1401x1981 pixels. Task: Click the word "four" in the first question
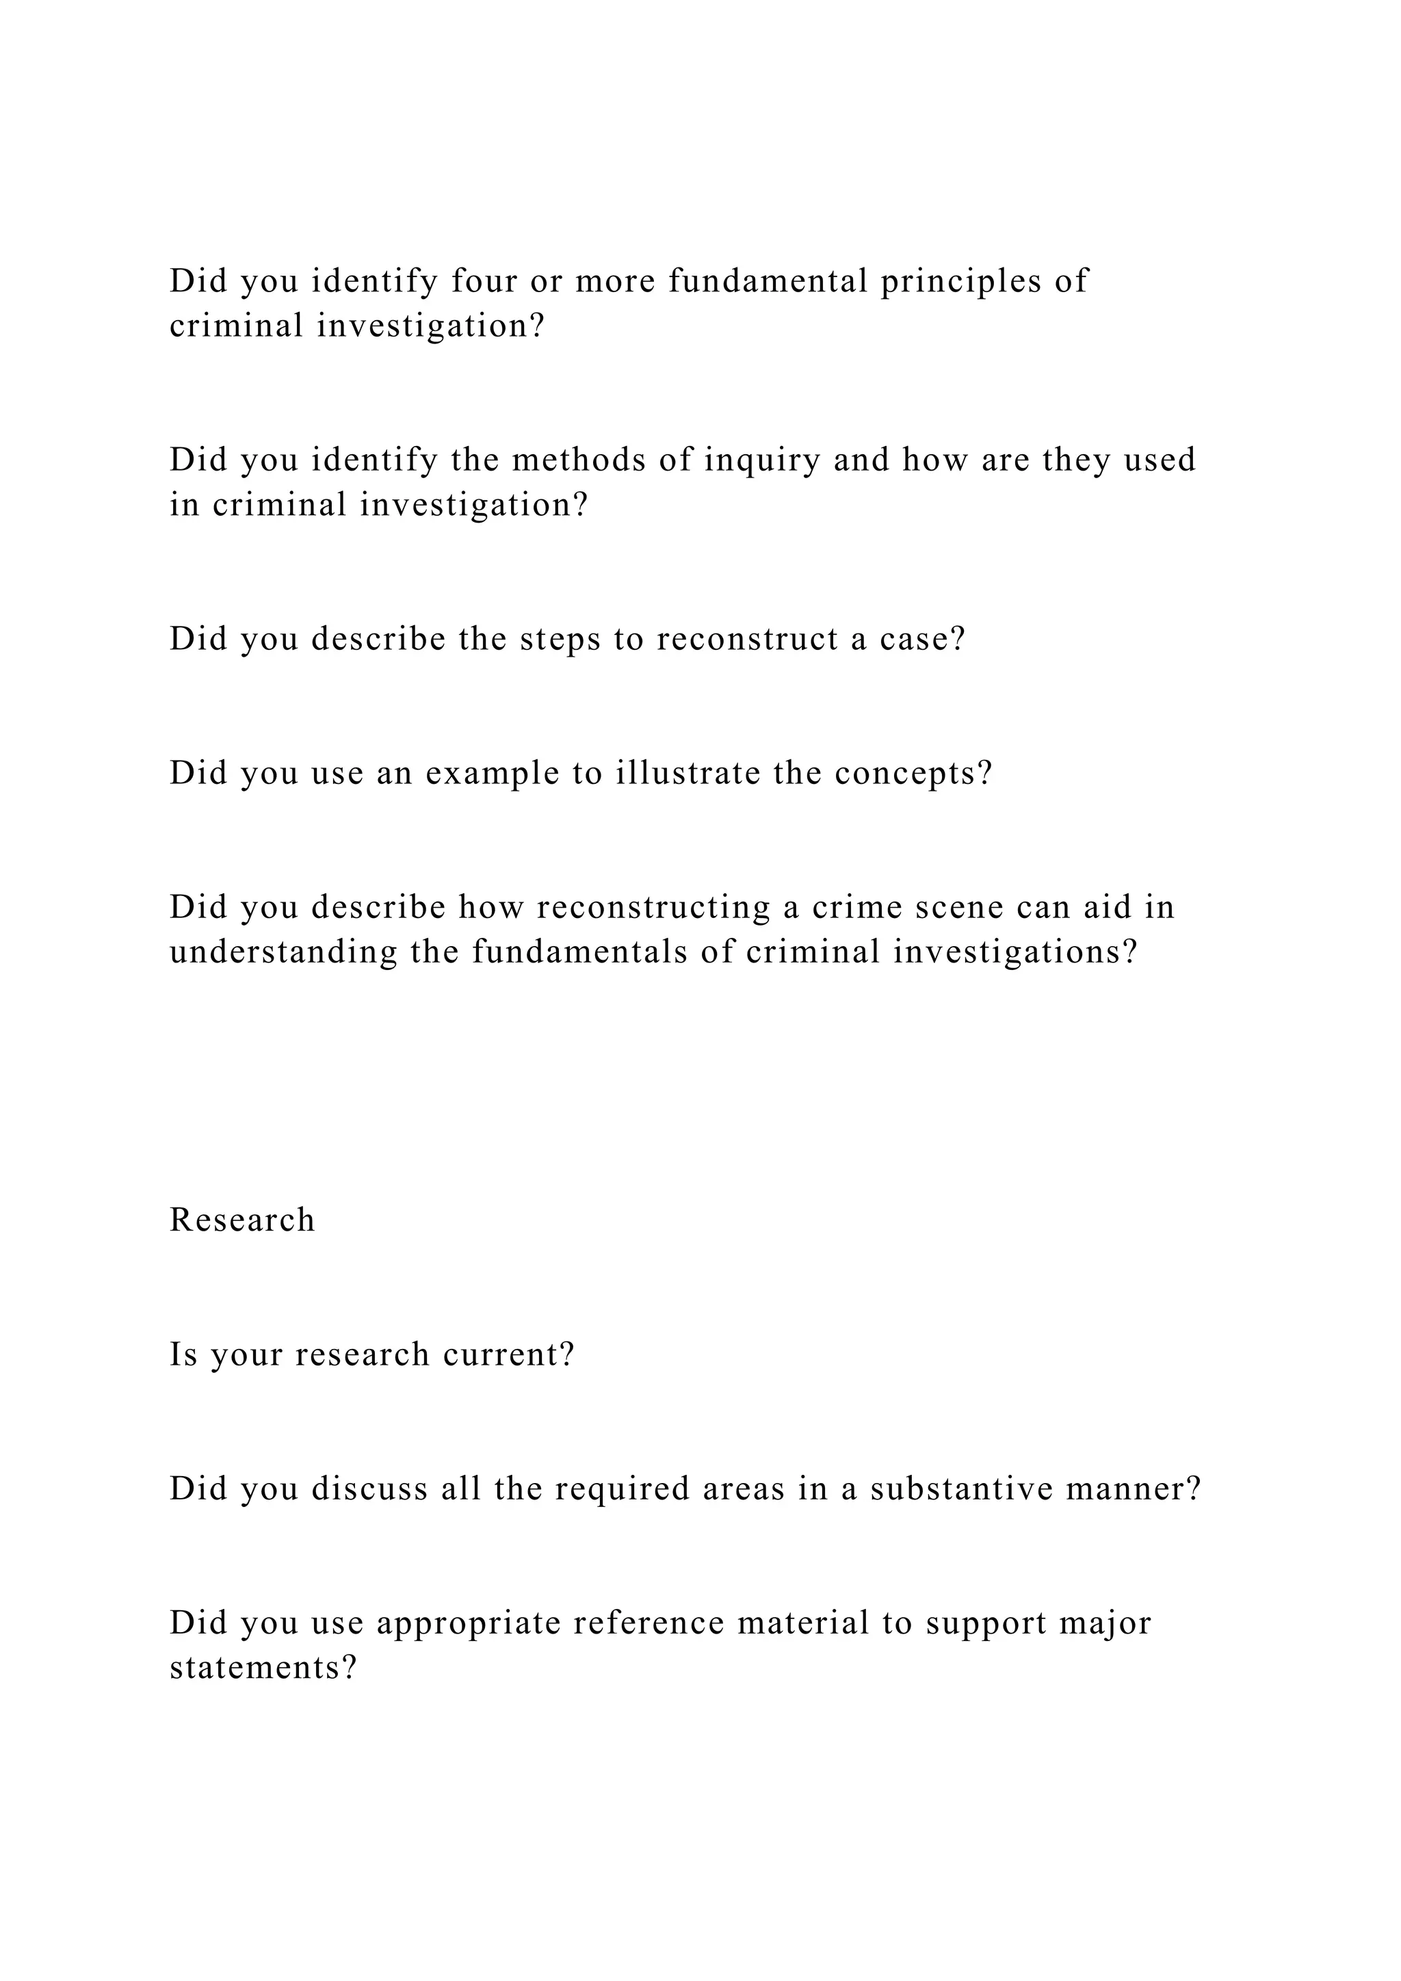pyautogui.click(x=484, y=281)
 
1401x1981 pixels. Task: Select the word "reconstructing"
pyautogui.click(x=653, y=908)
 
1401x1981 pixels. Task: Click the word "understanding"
pyautogui.click(x=284, y=953)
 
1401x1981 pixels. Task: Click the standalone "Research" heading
pyautogui.click(x=242, y=1221)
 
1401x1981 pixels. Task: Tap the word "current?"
pyautogui.click(x=508, y=1354)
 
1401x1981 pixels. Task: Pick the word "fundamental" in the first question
pyautogui.click(x=768, y=281)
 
